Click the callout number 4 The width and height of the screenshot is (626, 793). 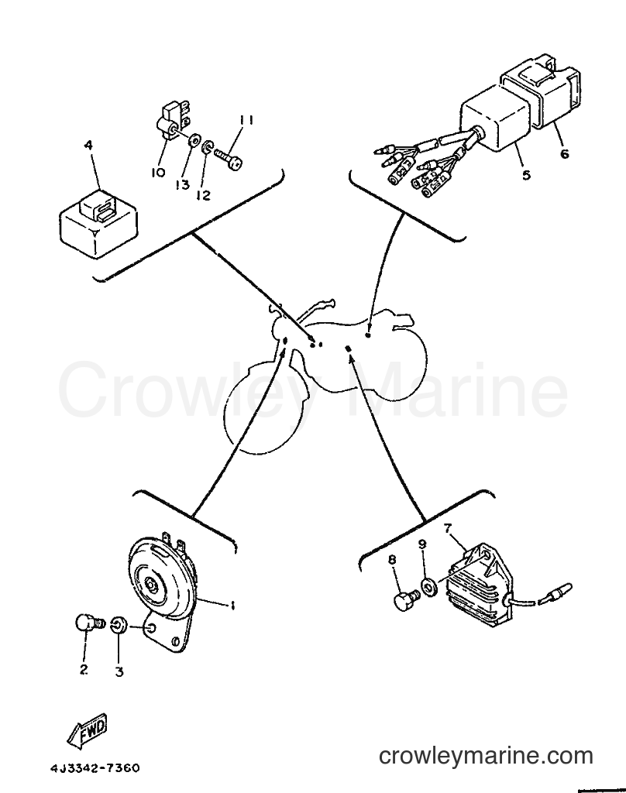pos(88,146)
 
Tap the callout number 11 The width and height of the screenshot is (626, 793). pos(246,120)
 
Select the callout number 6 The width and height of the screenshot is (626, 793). pos(564,153)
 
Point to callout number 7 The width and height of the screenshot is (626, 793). pos(447,528)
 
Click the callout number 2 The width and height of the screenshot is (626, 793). pos(84,669)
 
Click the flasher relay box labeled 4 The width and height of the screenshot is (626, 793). pos(98,221)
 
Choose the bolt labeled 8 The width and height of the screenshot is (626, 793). pos(407,598)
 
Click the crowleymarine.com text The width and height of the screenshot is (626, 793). pos(485,756)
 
